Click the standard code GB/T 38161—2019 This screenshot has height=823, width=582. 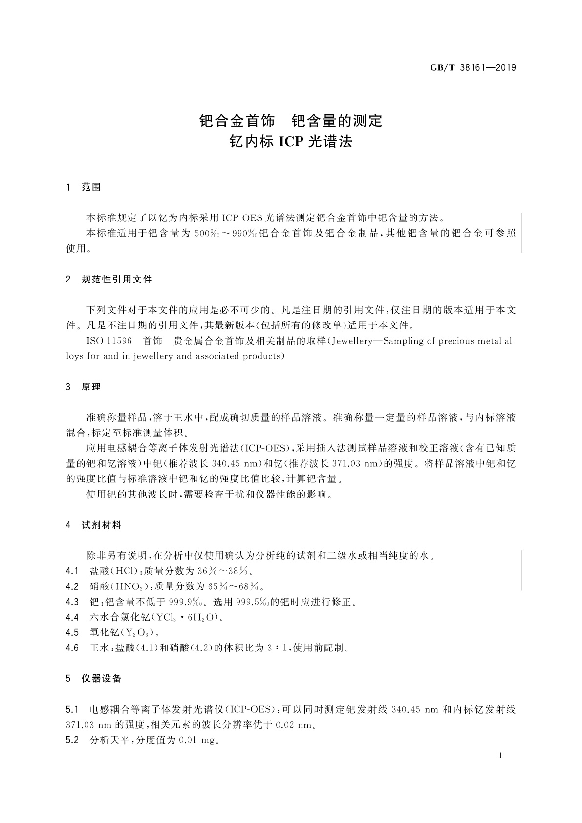coord(473,68)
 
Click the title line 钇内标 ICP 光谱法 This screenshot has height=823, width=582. coord(291,142)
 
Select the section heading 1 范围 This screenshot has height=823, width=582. coord(84,187)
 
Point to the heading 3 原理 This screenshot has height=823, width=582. coord(84,387)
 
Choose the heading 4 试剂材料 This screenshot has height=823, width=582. coord(94,525)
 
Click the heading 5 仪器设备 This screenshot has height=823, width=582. coord(94,678)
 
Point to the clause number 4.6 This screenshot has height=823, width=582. coord(72,648)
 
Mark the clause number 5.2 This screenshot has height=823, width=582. coord(72,740)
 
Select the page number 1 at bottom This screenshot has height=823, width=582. coord(501,756)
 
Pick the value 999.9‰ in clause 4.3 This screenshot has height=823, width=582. coord(186,602)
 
